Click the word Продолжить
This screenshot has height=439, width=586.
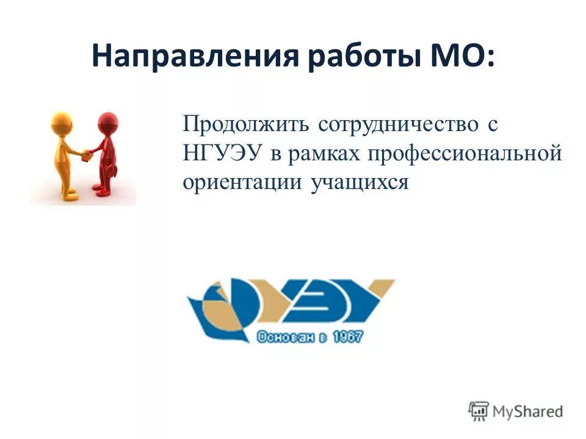coord(245,124)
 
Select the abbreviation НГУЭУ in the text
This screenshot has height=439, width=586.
coord(222,153)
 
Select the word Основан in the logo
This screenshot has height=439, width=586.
coord(280,337)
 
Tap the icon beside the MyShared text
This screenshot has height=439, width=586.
coord(479,410)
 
